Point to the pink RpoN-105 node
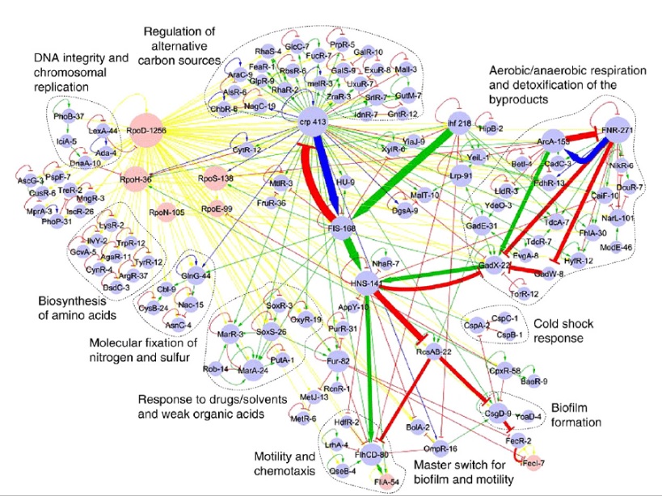click(167, 212)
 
